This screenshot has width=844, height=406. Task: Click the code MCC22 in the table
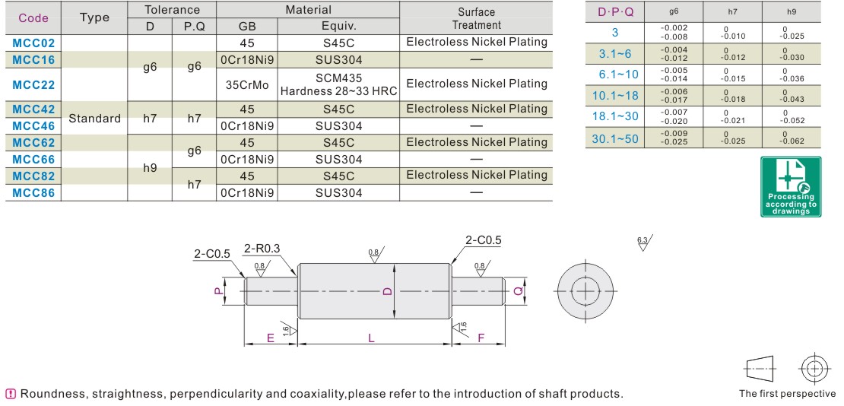(33, 84)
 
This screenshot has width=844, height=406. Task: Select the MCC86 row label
(33, 193)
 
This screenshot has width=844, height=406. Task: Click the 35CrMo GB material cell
(247, 84)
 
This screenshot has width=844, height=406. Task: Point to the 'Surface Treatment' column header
(476, 18)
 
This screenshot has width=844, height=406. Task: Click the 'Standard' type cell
(94, 119)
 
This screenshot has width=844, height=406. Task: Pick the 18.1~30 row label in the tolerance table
(615, 116)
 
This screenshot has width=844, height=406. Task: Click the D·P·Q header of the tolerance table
(615, 11)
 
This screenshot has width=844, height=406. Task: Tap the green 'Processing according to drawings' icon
(791, 186)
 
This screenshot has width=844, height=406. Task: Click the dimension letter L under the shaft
(372, 338)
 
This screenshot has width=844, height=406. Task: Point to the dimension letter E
(271, 338)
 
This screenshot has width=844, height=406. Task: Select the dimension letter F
(481, 338)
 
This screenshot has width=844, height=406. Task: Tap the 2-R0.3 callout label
(262, 248)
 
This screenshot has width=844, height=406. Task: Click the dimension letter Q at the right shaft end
(518, 291)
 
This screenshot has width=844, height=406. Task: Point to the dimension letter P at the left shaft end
(217, 291)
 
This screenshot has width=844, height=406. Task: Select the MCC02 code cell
(33, 43)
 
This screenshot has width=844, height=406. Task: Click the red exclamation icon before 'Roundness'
(11, 394)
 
